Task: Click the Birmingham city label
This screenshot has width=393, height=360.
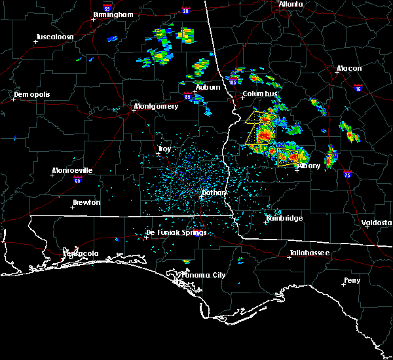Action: coord(113,14)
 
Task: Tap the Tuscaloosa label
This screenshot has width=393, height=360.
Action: coord(53,37)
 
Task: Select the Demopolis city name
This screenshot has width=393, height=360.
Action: coord(32,94)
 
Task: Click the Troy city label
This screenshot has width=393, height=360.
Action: coord(164,149)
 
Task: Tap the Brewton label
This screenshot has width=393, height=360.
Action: coord(86,202)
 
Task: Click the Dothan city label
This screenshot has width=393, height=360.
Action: coord(214,192)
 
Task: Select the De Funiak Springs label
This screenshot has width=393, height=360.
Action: coord(176,232)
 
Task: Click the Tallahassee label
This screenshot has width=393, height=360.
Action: coord(310,253)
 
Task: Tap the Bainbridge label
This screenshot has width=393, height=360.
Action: coord(284,218)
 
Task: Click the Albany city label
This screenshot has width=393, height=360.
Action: coord(309,166)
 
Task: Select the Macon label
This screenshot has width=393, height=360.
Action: coord(349,68)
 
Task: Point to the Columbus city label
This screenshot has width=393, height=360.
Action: coord(260,94)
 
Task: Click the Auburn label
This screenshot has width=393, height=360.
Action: coord(207,87)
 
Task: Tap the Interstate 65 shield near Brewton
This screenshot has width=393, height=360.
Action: coord(77,178)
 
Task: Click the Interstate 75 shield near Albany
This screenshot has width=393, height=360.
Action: coord(347,174)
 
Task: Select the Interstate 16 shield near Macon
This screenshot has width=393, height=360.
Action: coord(358,86)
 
